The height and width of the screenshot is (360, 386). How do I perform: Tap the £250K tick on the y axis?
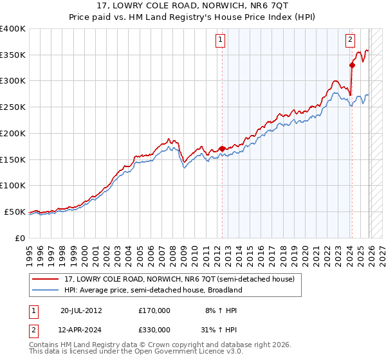[13, 107]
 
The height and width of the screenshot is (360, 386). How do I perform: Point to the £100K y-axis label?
[13, 185]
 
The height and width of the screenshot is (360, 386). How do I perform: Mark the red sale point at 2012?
[223, 148]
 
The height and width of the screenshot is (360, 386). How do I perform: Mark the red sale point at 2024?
[352, 65]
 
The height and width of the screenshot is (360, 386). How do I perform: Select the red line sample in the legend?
[46, 279]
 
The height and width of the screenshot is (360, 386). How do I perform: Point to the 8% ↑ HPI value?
[221, 310]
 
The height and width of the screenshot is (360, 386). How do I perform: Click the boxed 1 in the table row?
[34, 310]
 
